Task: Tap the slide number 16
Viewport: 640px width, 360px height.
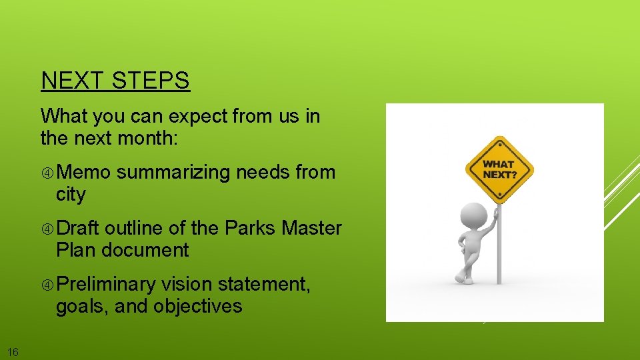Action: point(13,352)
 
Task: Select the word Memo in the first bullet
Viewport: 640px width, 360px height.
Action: point(83,172)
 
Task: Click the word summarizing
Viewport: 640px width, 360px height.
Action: point(174,172)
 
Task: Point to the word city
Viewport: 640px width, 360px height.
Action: point(71,195)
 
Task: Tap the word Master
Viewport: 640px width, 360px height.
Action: point(311,228)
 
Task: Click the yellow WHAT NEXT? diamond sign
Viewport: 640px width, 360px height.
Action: point(499,169)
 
